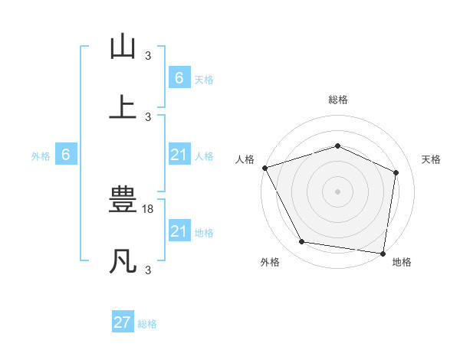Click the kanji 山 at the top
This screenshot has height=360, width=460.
pos(123,47)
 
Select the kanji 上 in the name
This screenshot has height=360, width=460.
pos(123,106)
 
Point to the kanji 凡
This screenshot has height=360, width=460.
pos(123,260)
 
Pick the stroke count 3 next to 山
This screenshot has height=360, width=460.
pos(148,56)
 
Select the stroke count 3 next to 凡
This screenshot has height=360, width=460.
pos(148,270)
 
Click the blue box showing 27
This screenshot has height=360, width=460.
pos(123,322)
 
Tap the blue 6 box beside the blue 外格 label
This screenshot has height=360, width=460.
pos(66,155)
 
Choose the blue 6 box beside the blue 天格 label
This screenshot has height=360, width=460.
pos(179,77)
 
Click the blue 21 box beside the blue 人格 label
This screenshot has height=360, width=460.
pos(179,155)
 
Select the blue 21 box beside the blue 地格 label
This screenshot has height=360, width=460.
pos(179,231)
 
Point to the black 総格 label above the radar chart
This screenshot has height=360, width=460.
pos(337,100)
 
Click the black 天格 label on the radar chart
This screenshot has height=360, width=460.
pos(432,159)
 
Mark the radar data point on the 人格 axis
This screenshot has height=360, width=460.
pos(264,168)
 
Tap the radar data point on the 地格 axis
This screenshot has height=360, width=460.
pos(383,253)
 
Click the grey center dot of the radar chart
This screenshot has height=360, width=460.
pos(337,191)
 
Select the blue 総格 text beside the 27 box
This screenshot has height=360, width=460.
pos(147,324)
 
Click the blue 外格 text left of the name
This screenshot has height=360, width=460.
pos(41,155)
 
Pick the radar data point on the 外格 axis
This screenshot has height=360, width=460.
pos(302,242)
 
